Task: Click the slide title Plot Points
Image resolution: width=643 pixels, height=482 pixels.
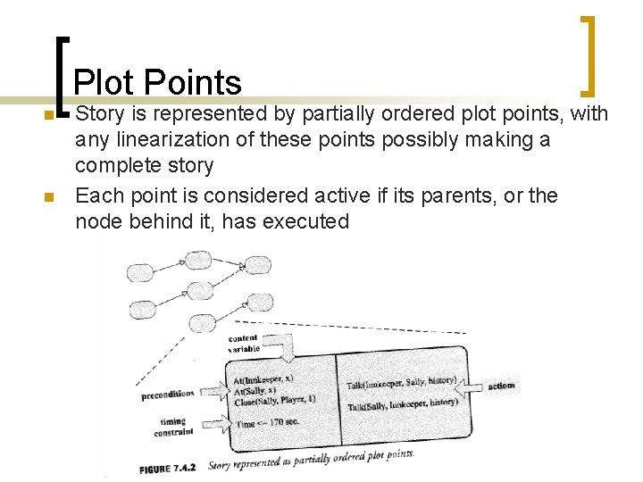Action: point(157,83)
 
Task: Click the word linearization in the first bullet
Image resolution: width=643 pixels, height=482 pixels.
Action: point(196,141)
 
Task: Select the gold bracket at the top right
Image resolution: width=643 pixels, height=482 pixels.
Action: point(589,54)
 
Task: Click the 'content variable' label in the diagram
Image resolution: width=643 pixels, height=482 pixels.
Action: point(244,344)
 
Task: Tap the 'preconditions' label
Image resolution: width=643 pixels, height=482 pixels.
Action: point(168,394)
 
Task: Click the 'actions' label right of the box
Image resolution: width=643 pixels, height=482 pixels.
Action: point(502,386)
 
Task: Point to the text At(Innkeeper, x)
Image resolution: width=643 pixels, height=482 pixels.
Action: point(263,378)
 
